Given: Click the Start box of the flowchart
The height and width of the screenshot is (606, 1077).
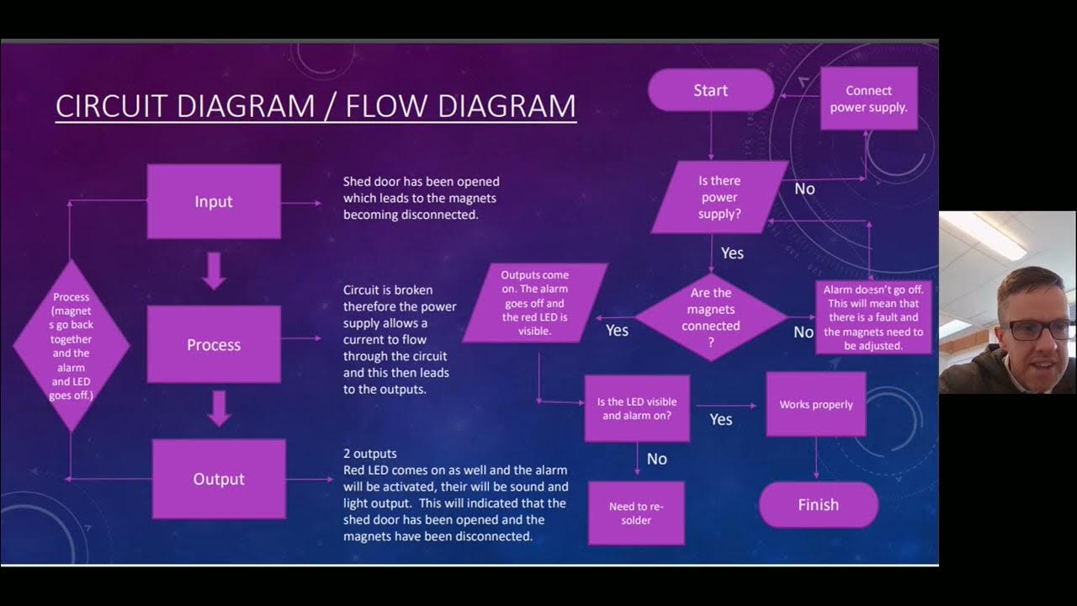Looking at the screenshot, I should click(x=710, y=90).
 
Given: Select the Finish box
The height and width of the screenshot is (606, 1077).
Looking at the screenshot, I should click(x=818, y=505).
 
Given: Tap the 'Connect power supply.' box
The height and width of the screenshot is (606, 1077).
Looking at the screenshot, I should click(x=868, y=98).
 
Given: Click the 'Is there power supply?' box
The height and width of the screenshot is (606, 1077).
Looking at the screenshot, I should click(x=719, y=198).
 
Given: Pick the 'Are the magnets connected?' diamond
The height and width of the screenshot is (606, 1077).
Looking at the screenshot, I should click(x=711, y=317).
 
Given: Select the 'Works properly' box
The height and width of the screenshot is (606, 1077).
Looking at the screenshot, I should click(x=815, y=405).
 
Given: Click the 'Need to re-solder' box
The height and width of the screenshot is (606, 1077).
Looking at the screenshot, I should click(x=636, y=513).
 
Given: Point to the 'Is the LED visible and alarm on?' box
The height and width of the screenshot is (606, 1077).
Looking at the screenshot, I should click(x=637, y=408).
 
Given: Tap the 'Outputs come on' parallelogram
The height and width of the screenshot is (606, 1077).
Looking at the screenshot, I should click(x=535, y=303).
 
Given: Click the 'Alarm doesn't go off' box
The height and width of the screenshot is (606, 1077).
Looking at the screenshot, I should click(x=873, y=317).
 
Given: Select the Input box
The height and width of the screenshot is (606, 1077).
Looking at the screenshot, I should click(x=214, y=202).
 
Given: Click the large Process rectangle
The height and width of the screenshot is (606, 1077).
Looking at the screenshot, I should click(x=214, y=344).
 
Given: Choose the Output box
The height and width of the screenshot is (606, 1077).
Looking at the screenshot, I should click(x=219, y=479).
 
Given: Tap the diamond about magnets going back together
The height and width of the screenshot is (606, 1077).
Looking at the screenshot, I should click(x=72, y=345).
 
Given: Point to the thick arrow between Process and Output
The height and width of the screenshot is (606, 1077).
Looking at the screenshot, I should click(x=219, y=409).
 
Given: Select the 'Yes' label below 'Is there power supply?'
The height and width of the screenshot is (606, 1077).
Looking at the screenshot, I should click(x=732, y=252).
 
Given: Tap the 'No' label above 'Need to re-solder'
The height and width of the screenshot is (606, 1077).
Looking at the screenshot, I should click(x=656, y=459).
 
